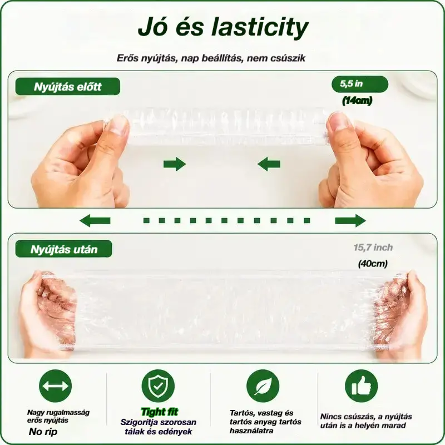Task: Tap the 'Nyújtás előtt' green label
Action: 67,87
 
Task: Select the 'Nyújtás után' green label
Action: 64,249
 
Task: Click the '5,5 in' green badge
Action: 359,84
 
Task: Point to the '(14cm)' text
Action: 357,101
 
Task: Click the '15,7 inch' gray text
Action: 373,248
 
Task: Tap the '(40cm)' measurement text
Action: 373,264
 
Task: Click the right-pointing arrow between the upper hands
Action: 175,164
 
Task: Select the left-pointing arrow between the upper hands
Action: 269,164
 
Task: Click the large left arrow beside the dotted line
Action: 95,220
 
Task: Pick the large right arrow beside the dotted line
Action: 350,220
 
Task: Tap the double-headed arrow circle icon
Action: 55,386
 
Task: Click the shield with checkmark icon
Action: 159,386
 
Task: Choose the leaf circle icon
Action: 263,386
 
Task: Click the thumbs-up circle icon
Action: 361,386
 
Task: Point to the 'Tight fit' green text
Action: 160,412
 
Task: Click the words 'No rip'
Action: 43,432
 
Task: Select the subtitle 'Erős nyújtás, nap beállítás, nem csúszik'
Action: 211,58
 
